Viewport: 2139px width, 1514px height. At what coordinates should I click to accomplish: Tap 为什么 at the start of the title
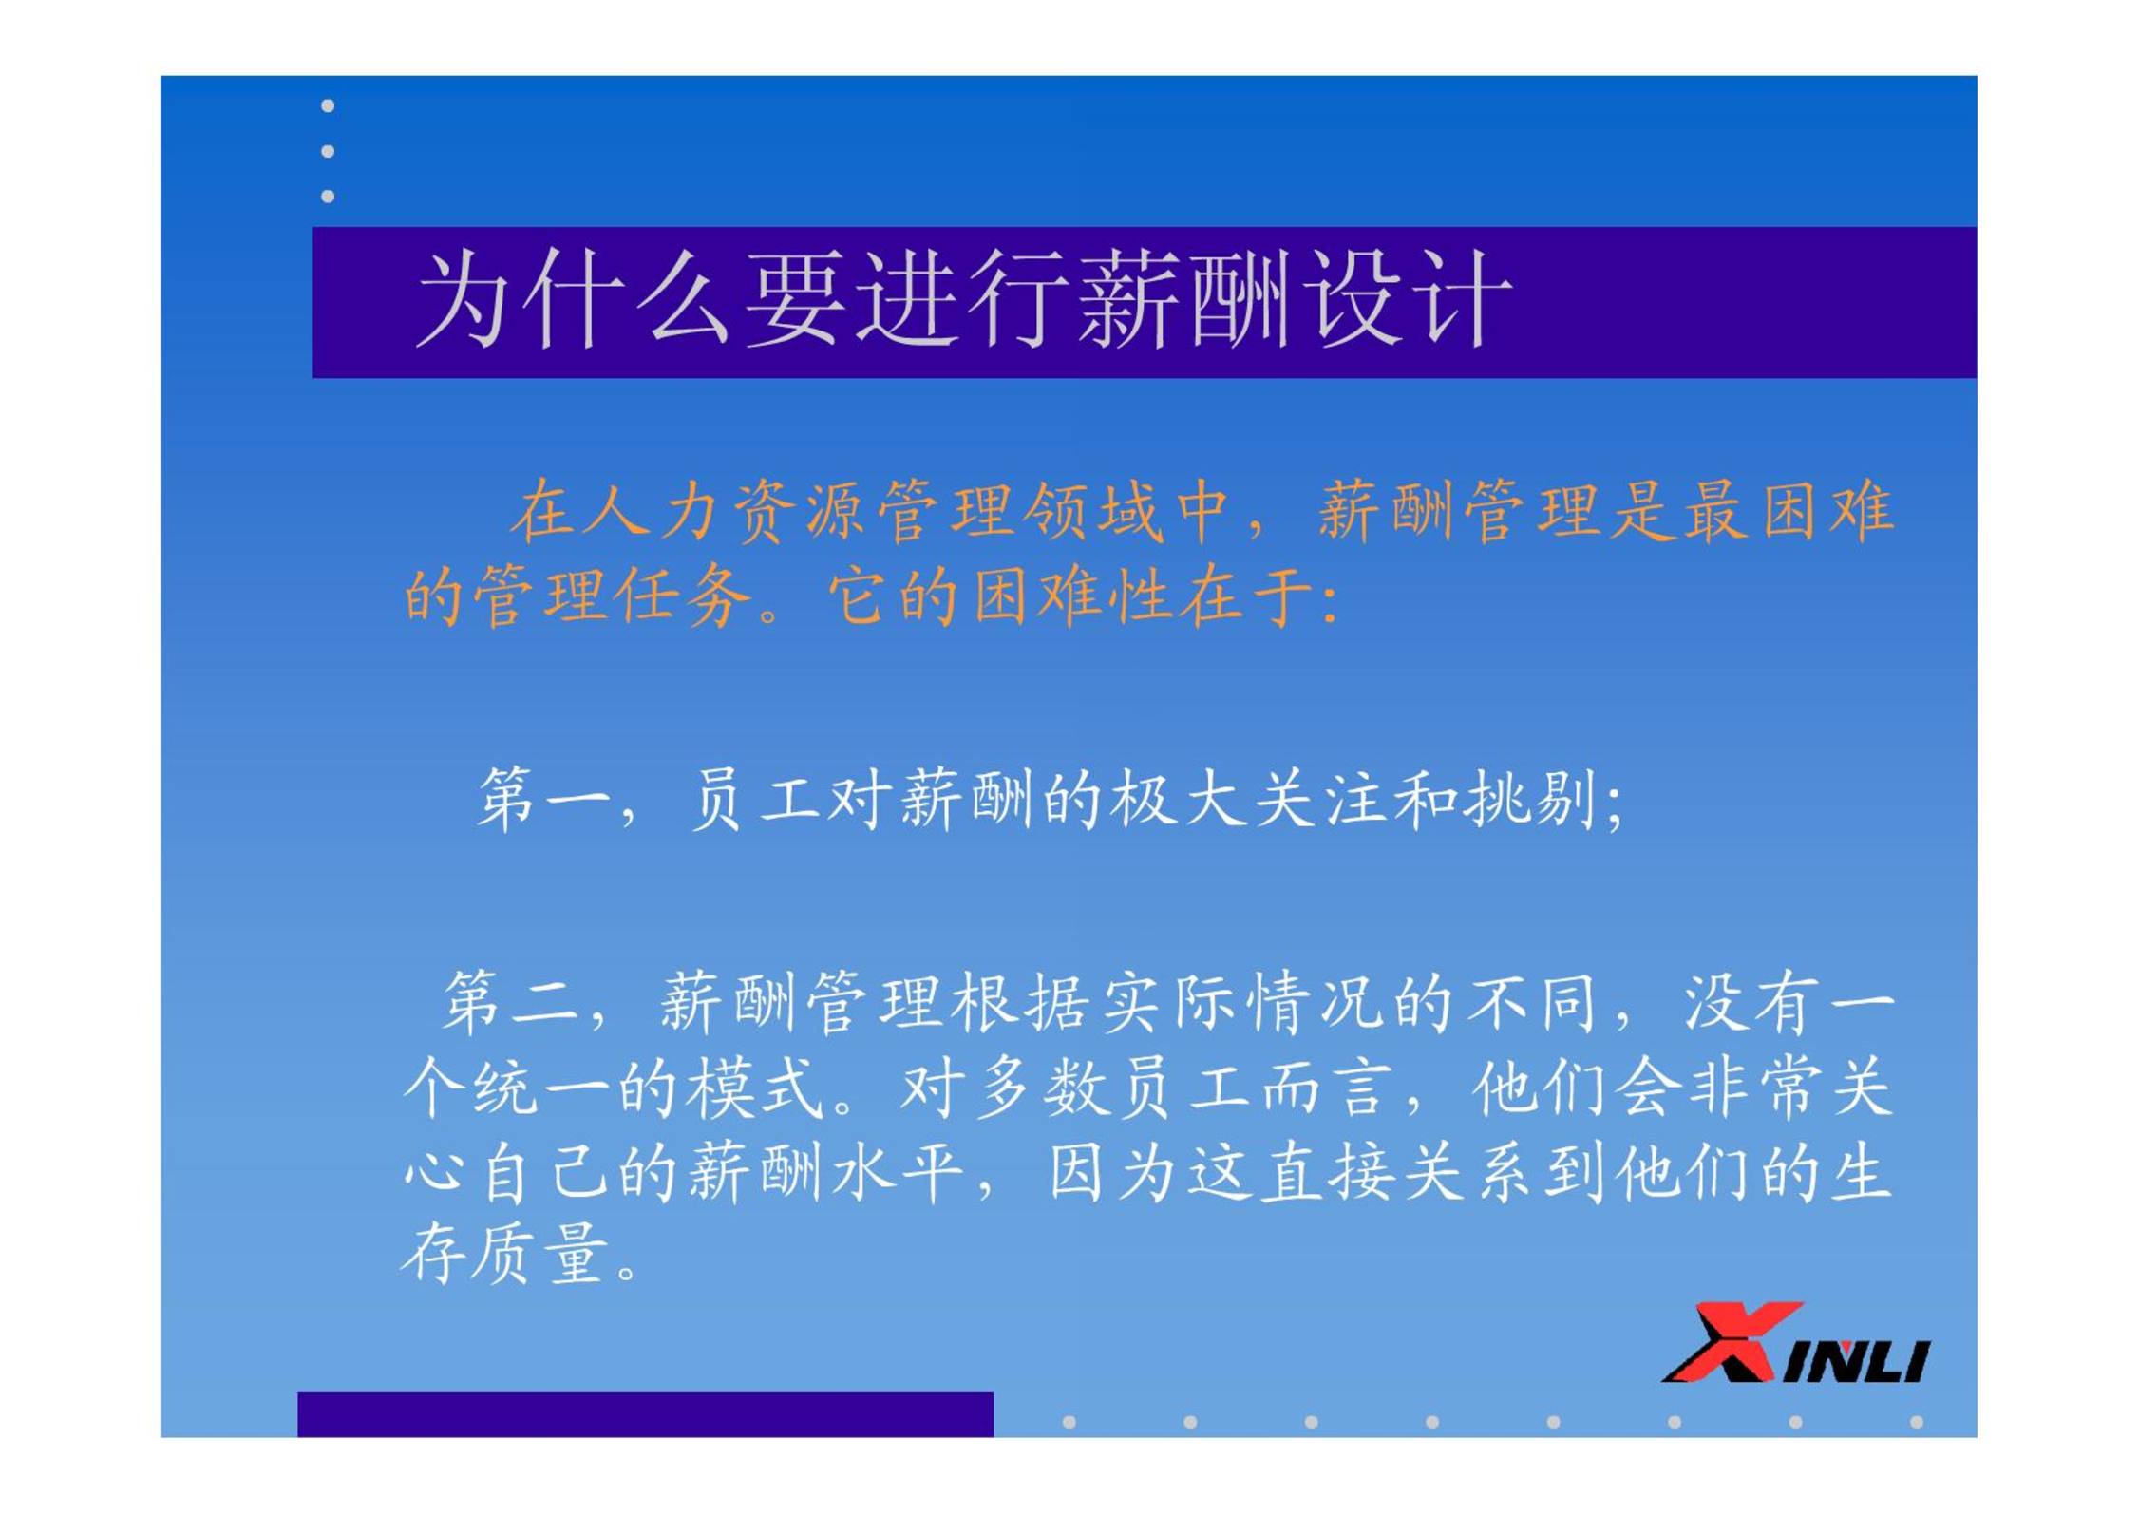pos(574,299)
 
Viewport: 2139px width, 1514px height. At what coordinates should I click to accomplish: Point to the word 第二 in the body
pos(510,1002)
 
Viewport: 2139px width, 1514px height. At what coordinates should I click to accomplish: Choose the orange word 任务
pos(682,596)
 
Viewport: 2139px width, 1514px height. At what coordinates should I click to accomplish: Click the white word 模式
pos(754,1088)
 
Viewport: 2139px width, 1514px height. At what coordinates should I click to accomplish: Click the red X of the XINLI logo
pos(1731,1341)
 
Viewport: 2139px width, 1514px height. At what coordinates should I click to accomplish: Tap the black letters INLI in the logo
pos(1857,1360)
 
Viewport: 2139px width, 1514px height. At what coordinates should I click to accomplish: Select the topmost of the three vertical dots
pos(328,105)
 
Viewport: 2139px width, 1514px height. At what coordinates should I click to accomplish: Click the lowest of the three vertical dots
pos(328,196)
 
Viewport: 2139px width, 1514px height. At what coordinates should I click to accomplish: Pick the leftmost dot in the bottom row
pos(1069,1422)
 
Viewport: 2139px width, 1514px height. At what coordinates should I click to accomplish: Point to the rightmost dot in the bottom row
pos(1917,1422)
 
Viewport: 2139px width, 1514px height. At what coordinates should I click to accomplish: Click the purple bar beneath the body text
pos(646,1414)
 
